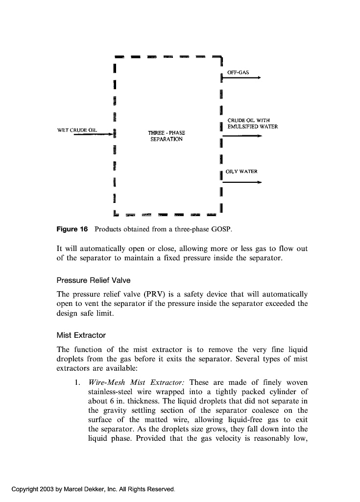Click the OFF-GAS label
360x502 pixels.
point(238,72)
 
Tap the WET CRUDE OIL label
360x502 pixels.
point(77,130)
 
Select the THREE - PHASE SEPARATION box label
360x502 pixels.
point(166,136)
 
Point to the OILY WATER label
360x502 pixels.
point(241,172)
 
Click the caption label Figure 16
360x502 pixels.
point(72,229)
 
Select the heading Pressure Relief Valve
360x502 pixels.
point(94,280)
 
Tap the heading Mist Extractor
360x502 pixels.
point(81,335)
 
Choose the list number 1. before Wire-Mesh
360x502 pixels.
point(77,382)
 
